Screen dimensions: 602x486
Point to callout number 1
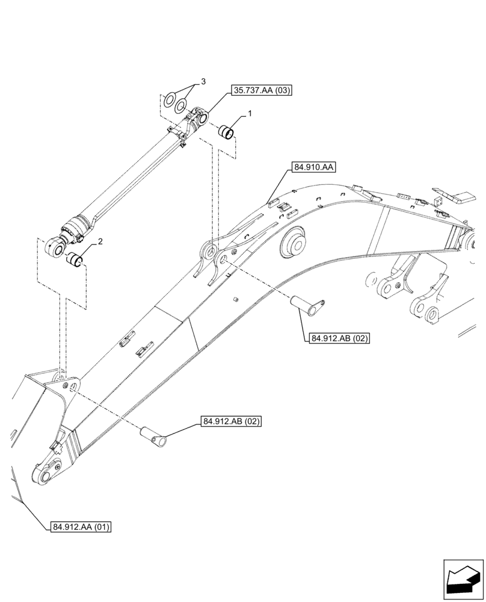tap(250, 113)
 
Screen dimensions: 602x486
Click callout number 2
tap(100, 242)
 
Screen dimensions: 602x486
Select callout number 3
tap(203, 81)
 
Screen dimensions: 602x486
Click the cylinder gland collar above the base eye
tap(76, 228)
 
